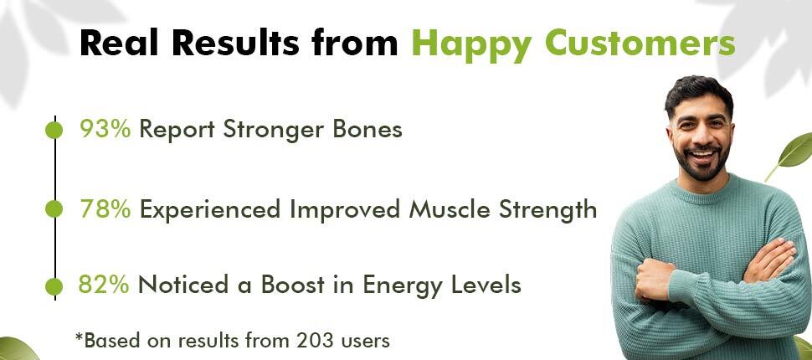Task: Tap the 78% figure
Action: coord(105,209)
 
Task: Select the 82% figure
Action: coord(104,285)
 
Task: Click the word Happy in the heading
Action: coord(472,44)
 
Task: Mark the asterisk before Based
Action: coord(80,337)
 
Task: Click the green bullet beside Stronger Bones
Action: coord(54,130)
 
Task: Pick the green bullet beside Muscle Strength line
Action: coord(54,209)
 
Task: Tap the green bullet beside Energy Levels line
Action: coord(54,286)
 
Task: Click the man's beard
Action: coord(702,165)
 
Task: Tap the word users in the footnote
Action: coord(366,342)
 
